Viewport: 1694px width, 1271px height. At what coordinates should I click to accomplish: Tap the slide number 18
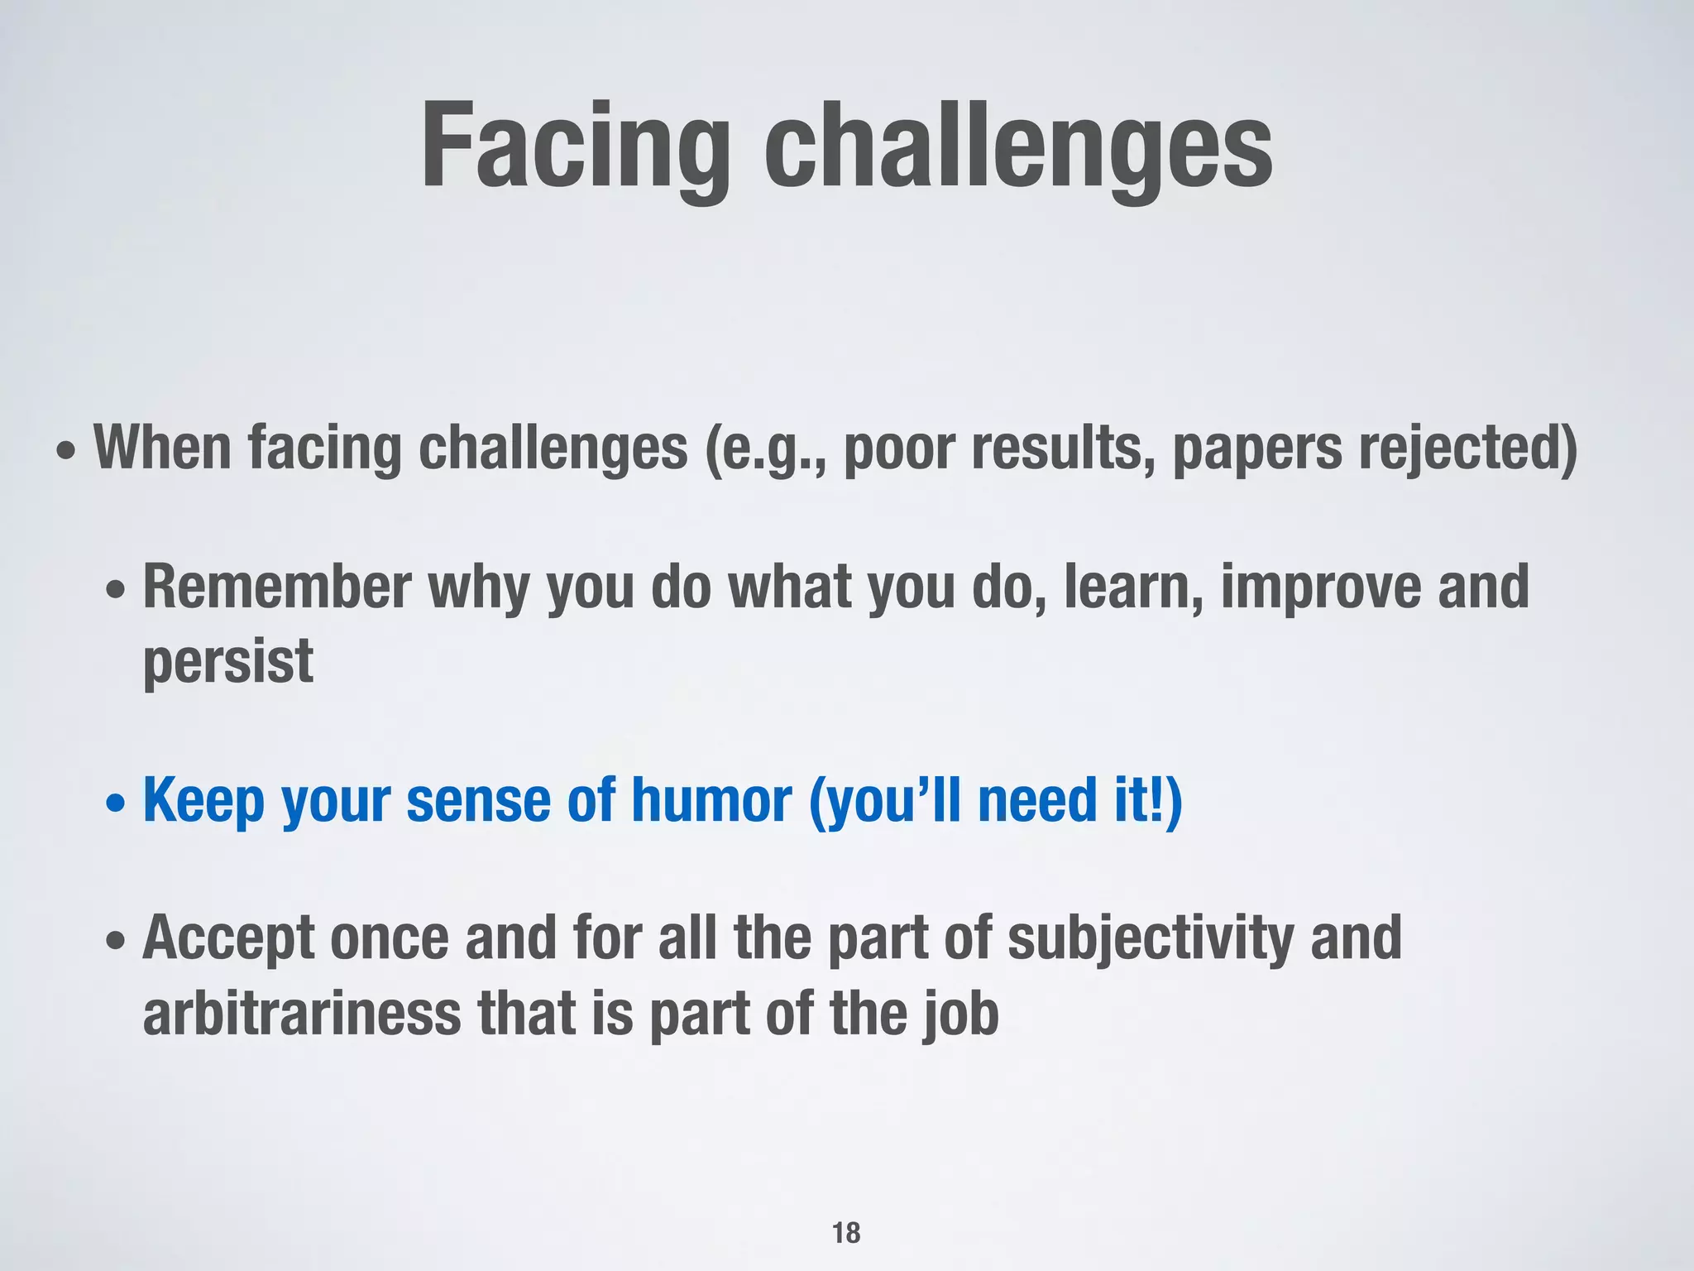point(846,1232)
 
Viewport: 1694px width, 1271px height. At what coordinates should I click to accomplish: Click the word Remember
point(277,587)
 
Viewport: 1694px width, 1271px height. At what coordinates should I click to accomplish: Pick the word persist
point(228,662)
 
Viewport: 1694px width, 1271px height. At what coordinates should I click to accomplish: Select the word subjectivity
point(1150,939)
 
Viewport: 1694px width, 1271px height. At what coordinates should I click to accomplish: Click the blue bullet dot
point(117,803)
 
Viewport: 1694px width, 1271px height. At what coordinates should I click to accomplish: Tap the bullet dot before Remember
point(117,591)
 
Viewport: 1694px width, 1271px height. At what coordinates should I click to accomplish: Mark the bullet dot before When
point(67,452)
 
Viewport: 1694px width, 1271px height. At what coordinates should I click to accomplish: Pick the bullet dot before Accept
point(117,942)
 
